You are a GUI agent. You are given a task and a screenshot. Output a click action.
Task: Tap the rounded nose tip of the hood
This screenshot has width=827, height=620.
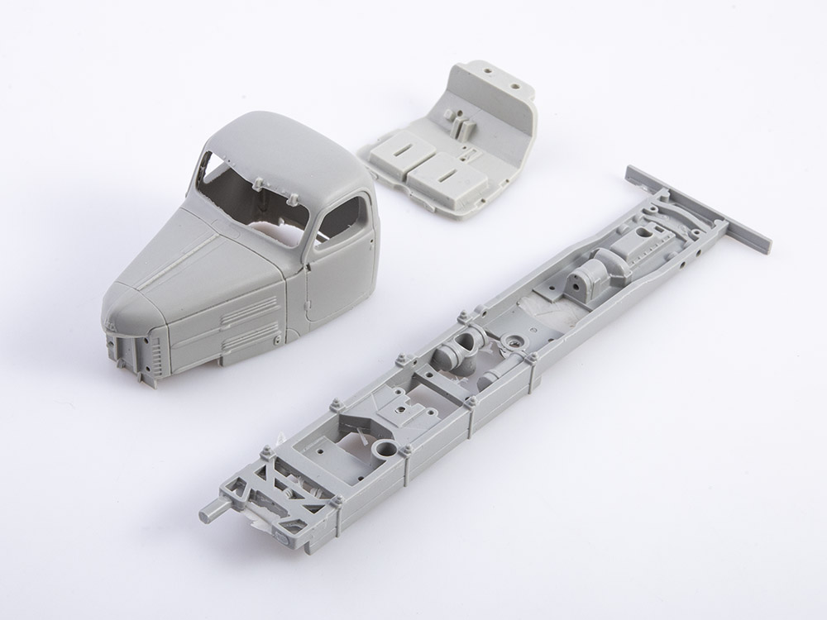pos(124,306)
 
